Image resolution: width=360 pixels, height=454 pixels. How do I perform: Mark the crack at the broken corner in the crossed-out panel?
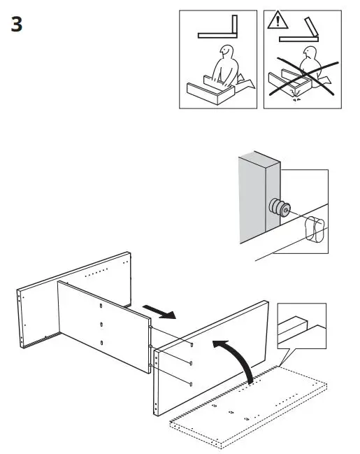(x=296, y=97)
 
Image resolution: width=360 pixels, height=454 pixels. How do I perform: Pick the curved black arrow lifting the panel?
(x=238, y=356)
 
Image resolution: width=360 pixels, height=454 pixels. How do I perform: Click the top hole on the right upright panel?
(x=192, y=345)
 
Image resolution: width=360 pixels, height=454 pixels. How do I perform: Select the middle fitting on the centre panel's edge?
(x=150, y=346)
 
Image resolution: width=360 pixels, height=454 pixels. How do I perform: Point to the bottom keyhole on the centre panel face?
(x=102, y=342)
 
